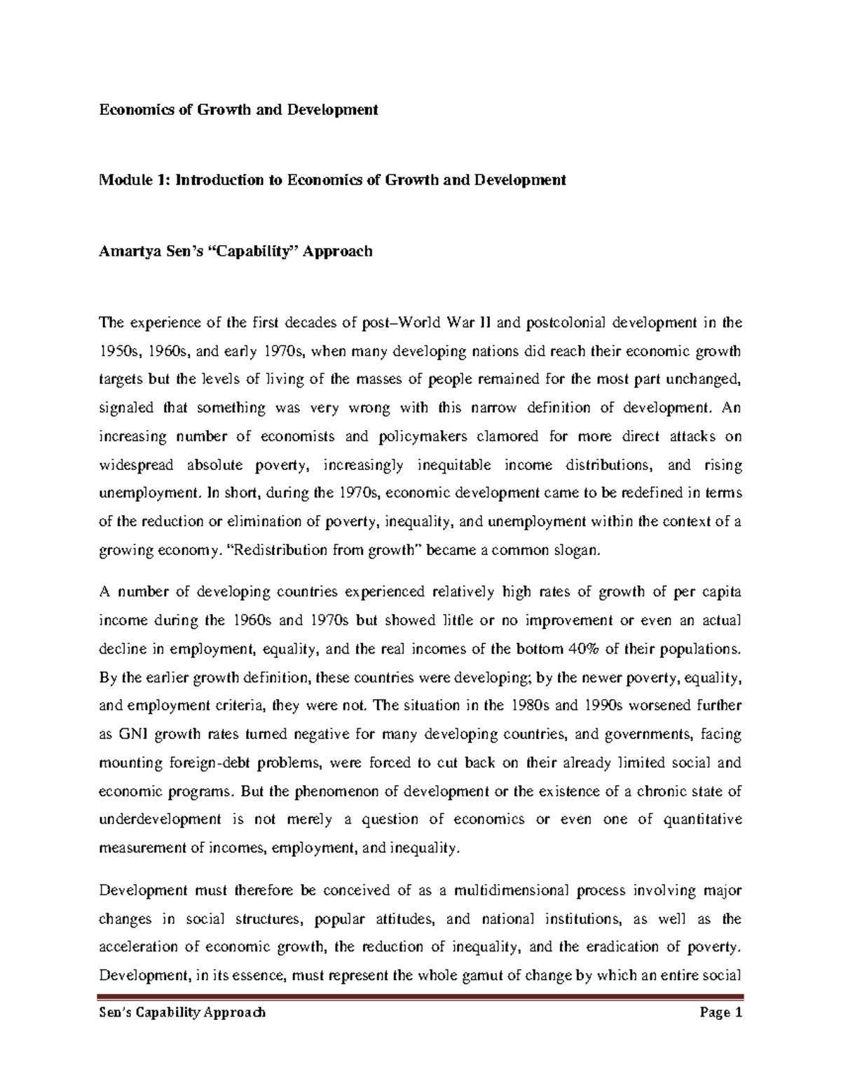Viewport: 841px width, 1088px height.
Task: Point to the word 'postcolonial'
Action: [565, 323]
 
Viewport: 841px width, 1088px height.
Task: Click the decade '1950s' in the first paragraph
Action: [116, 351]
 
